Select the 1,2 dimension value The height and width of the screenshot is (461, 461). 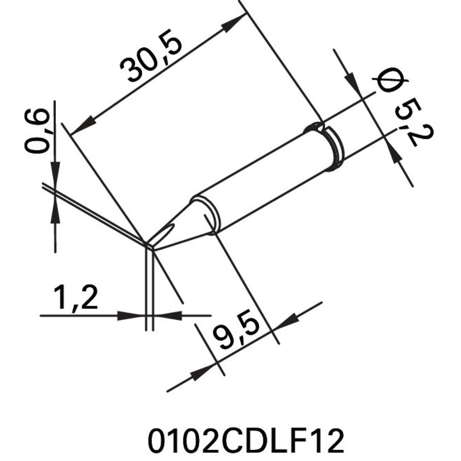pos(76,297)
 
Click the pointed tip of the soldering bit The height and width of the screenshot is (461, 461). pos(148,244)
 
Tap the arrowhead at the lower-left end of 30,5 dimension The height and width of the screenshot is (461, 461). pos(82,127)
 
